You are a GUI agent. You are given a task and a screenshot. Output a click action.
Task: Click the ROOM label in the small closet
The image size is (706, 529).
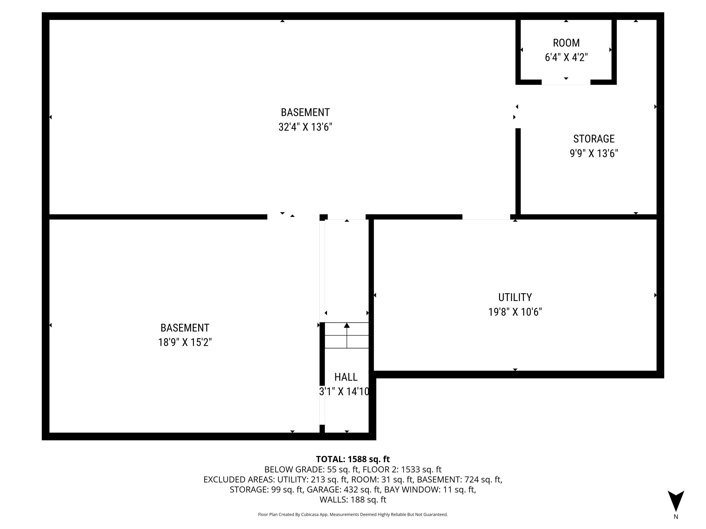click(x=566, y=43)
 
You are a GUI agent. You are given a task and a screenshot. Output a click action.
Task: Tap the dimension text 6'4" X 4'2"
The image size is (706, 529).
click(x=566, y=57)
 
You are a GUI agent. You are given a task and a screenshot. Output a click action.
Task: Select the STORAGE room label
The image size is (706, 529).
click(x=594, y=139)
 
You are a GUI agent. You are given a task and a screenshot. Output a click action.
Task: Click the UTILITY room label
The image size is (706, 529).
click(x=515, y=297)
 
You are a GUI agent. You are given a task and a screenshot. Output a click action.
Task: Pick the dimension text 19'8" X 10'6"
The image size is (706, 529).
click(x=515, y=312)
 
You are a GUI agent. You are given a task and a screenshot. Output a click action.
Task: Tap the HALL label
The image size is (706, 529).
click(x=346, y=377)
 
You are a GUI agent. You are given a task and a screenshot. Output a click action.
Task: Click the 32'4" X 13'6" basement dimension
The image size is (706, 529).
click(x=305, y=127)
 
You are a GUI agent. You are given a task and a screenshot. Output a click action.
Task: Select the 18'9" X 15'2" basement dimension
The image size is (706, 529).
click(x=185, y=343)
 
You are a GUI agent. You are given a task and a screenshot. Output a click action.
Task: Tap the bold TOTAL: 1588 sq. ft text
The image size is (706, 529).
click(x=353, y=459)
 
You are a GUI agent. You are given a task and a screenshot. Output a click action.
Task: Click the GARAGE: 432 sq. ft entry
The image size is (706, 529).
click(x=343, y=490)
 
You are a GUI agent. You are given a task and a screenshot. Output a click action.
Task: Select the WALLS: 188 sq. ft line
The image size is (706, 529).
click(x=353, y=500)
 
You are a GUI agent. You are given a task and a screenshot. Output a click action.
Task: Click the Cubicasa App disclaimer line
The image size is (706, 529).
click(x=353, y=514)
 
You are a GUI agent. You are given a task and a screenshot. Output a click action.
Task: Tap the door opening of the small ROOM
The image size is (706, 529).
click(x=566, y=83)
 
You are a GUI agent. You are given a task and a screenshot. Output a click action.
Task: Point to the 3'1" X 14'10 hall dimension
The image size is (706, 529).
click(x=344, y=391)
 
